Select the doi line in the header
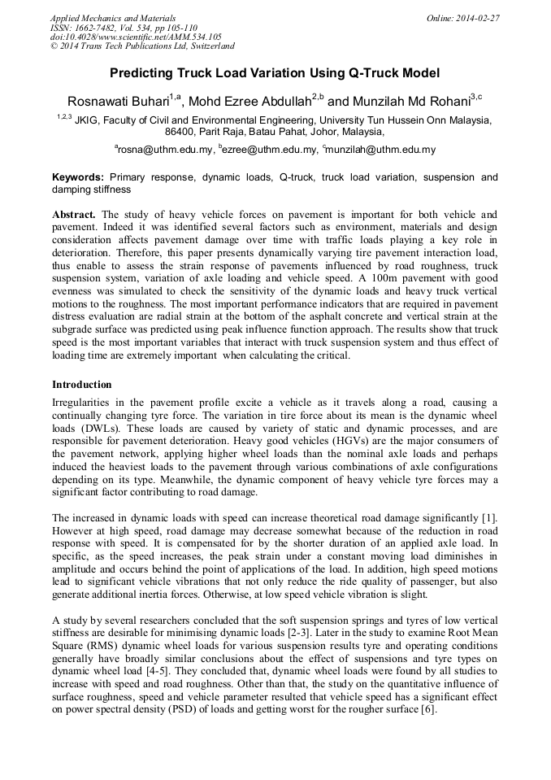(x=136, y=37)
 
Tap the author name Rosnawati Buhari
(x=118, y=102)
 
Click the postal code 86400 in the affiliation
(x=180, y=131)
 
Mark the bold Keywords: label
(x=78, y=176)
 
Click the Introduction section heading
(x=82, y=385)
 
